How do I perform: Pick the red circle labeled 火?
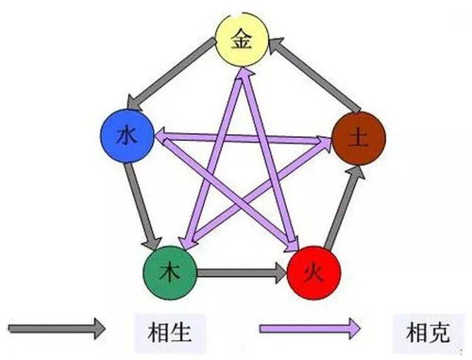click(312, 272)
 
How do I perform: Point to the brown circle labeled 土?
click(356, 139)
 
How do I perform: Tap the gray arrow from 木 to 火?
click(240, 271)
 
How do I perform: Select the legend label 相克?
click(415, 331)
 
